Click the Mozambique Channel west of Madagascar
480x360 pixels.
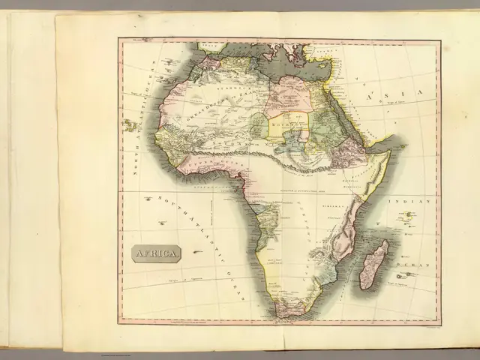click(352, 259)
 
